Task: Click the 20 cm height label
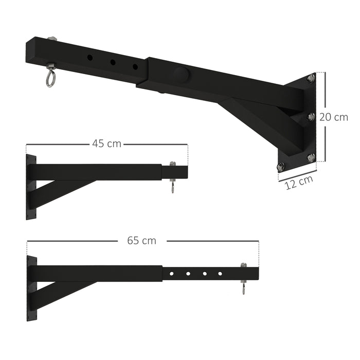click(333, 117)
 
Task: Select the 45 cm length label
click(107, 143)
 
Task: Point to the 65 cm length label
click(142, 240)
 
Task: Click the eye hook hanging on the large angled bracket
click(50, 77)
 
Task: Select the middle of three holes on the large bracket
click(112, 62)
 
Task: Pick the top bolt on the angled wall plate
click(311, 78)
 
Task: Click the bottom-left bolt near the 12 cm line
click(281, 167)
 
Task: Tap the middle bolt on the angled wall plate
click(311, 117)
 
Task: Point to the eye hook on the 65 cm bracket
click(243, 287)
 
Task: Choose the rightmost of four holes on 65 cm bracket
click(220, 273)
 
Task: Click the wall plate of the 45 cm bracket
click(31, 187)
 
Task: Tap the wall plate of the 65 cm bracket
click(31, 288)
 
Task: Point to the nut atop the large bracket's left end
click(51, 40)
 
